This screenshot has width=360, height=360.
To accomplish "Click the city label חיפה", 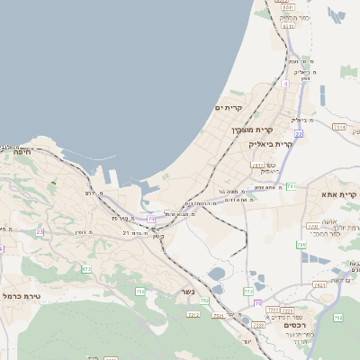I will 22,153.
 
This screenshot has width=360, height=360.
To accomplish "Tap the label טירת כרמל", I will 23,294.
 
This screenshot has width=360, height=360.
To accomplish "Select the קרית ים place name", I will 229,108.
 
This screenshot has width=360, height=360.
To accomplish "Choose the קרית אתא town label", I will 340,194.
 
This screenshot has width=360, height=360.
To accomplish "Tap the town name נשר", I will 188,315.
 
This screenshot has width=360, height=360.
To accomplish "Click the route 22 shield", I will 298,133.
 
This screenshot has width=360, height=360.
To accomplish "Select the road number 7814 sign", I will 339,128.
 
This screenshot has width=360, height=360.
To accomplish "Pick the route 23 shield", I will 40,231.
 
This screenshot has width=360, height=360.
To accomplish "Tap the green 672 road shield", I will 86,268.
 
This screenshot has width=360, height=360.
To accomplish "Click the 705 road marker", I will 140,291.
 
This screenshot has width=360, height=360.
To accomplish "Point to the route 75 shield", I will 151,219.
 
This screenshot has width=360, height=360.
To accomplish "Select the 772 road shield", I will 248,292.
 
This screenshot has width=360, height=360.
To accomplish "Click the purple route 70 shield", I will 257,303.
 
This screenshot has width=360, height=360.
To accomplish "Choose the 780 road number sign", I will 301,244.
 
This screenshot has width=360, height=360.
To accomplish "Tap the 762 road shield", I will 337,318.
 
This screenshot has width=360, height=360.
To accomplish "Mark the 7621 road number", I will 320,284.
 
